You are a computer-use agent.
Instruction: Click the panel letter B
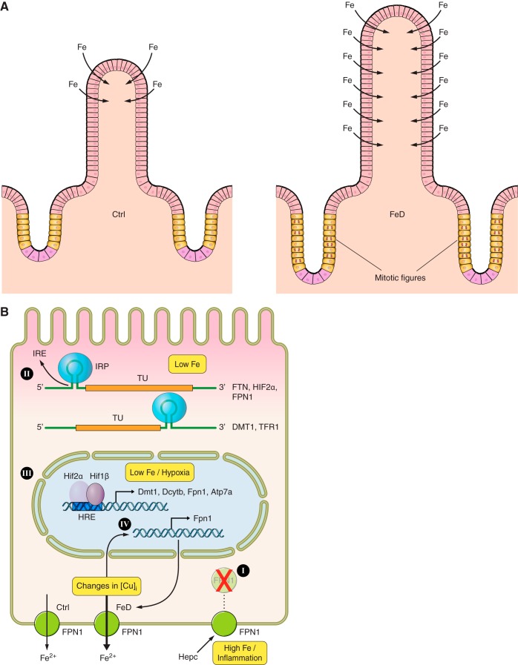pyautogui.click(x=5, y=314)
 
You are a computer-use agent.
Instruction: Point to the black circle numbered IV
pyautogui.click(x=126, y=523)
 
